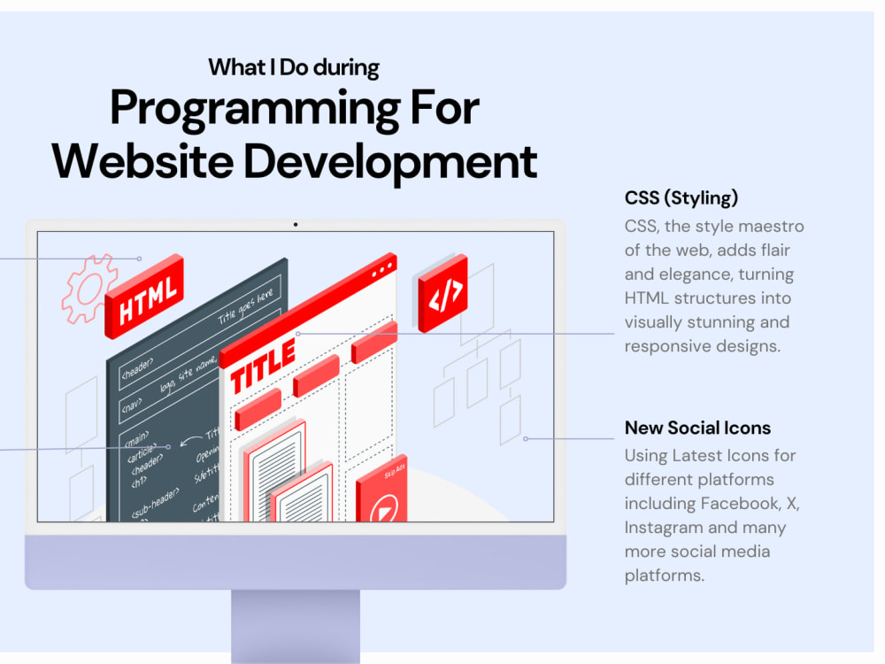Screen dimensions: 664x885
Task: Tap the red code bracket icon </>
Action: click(x=443, y=293)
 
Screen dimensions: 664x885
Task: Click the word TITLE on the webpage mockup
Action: click(x=263, y=364)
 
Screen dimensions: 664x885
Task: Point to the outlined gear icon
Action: click(x=88, y=288)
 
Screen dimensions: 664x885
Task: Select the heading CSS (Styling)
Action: click(x=681, y=197)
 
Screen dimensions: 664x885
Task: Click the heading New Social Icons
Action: click(x=697, y=428)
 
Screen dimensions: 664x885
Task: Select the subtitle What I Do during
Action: click(x=294, y=66)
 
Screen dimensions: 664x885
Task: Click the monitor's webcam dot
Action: click(x=296, y=225)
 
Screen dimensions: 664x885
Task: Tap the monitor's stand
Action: click(x=296, y=624)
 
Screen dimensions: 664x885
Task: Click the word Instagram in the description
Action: click(x=665, y=528)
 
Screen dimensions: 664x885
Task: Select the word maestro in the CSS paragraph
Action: click(x=773, y=227)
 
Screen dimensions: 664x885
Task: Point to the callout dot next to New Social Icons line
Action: click(x=525, y=438)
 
